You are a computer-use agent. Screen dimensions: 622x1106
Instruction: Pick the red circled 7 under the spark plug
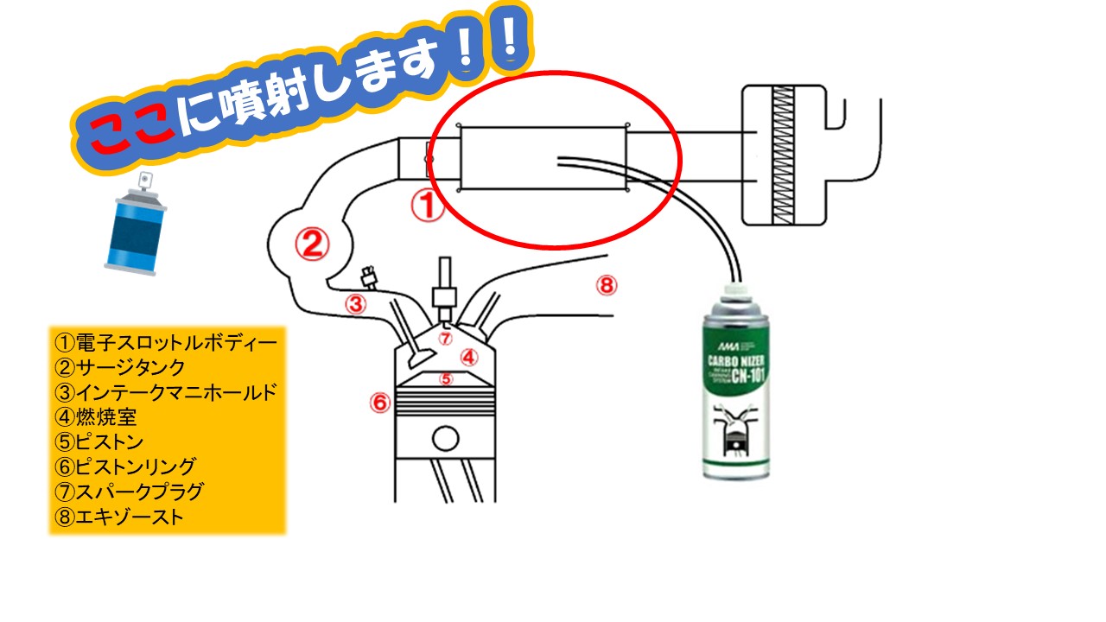(x=445, y=338)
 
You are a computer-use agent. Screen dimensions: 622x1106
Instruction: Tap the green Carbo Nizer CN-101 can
(x=734, y=389)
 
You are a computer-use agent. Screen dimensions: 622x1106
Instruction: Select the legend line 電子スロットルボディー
(x=165, y=342)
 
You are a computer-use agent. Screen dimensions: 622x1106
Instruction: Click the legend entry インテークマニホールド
(x=165, y=393)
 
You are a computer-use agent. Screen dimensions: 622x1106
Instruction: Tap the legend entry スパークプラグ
(x=129, y=492)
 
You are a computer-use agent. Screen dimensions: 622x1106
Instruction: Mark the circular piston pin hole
(x=446, y=439)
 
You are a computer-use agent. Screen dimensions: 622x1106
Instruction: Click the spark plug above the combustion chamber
(x=445, y=289)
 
